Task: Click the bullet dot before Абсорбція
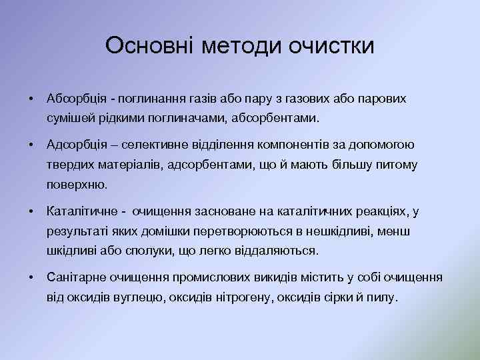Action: [x=31, y=99]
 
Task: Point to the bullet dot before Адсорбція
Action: [x=31, y=144]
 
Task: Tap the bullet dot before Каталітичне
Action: [x=31, y=211]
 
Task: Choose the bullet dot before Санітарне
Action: [x=31, y=277]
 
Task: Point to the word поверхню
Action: [x=77, y=185]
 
